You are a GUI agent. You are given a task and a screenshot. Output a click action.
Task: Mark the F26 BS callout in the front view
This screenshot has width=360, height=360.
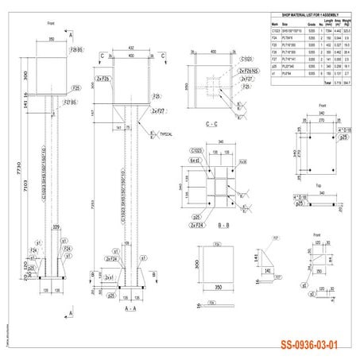(x=76, y=50)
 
